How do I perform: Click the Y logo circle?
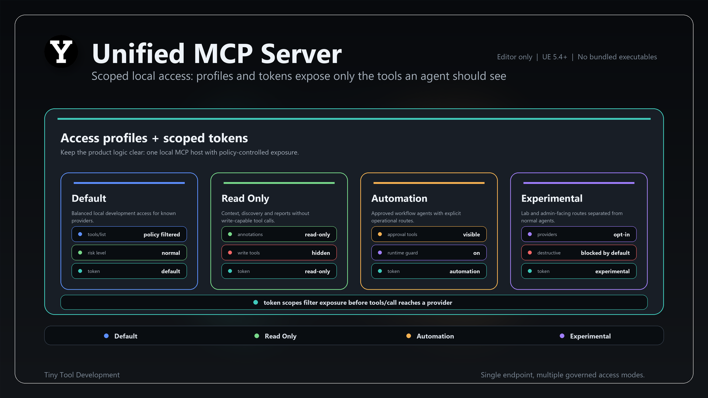pyautogui.click(x=61, y=52)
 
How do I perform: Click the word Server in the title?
pyautogui.click(x=301, y=53)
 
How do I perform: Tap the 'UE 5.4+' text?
pyautogui.click(x=555, y=57)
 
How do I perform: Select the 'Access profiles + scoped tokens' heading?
pyautogui.click(x=154, y=138)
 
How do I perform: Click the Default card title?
pyautogui.click(x=89, y=198)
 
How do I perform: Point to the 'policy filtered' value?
pyautogui.click(x=162, y=234)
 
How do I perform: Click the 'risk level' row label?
pyautogui.click(x=97, y=253)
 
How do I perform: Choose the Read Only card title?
pyautogui.click(x=245, y=198)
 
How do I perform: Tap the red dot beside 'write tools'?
pyautogui.click(x=230, y=253)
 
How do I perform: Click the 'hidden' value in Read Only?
pyautogui.click(x=321, y=253)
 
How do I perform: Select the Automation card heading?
pyautogui.click(x=399, y=198)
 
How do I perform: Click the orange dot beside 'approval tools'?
pyautogui.click(x=380, y=234)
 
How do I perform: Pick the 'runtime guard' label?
pyautogui.click(x=402, y=253)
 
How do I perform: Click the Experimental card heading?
pyautogui.click(x=552, y=198)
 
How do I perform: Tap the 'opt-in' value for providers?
pyautogui.click(x=622, y=234)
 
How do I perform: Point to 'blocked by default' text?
pyautogui.click(x=605, y=253)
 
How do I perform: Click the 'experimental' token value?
pyautogui.click(x=612, y=271)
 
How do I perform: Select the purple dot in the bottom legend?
pyautogui.click(x=562, y=336)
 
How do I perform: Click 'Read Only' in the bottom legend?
pyautogui.click(x=281, y=336)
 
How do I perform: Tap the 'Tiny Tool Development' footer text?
pyautogui.click(x=82, y=375)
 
